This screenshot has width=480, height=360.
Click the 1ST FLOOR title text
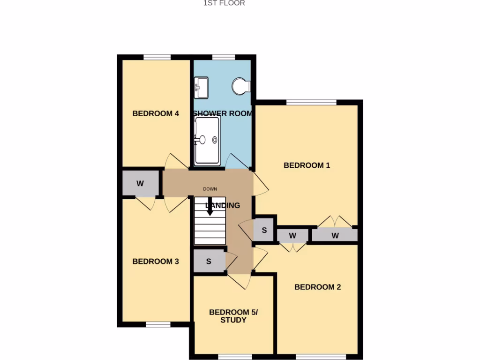coord(224,3)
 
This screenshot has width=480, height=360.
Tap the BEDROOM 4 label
coord(156,113)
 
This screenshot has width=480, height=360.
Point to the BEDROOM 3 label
coord(156,262)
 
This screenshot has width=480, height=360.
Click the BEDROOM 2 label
coord(317,287)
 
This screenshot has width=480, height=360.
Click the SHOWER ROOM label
coord(223,113)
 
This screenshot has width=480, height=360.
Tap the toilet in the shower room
coord(242,86)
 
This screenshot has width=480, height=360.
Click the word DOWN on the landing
coord(210,189)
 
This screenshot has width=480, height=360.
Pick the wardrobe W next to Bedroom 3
coord(140,183)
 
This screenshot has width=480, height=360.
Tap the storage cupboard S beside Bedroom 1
coord(264,230)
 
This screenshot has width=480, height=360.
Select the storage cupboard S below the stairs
coord(209,262)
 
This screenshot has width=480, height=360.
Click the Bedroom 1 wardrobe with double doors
coord(335,235)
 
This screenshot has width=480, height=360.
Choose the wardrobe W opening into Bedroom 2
coord(292,235)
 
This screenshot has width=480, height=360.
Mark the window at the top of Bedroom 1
coord(311,102)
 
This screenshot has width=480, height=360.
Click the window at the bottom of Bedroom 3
coord(157,324)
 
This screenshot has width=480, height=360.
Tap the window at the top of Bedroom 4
coord(157,57)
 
